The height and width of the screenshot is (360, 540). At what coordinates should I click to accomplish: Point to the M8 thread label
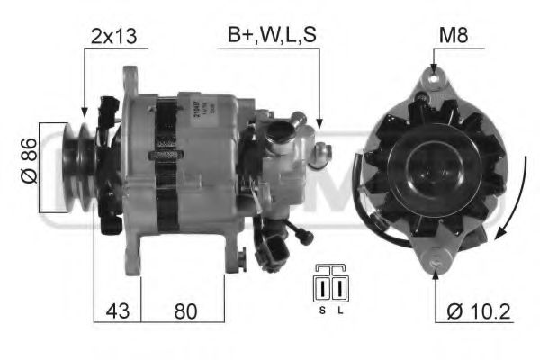pyautogui.click(x=452, y=36)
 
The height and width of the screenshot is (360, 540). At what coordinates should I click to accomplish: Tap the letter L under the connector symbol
pyautogui.click(x=340, y=310)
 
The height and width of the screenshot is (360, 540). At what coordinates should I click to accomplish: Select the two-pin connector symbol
pyautogui.click(x=329, y=285)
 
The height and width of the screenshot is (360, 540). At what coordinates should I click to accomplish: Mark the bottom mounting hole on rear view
pyautogui.click(x=436, y=262)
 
